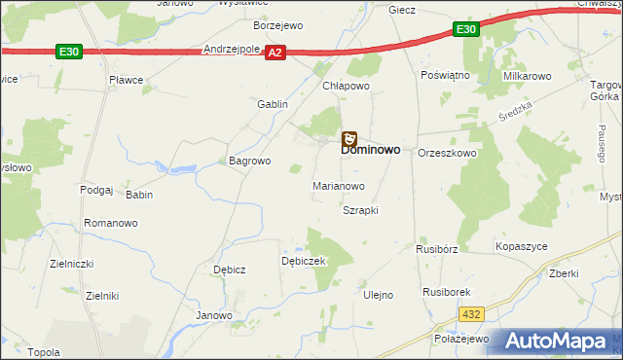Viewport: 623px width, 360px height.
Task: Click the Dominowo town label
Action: tap(372, 153)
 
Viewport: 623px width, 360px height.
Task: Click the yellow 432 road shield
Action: tap(472, 314)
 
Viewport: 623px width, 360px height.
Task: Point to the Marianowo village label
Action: tap(338, 185)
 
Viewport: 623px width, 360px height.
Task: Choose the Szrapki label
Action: tap(360, 210)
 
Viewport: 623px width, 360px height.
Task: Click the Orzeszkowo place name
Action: tap(447, 154)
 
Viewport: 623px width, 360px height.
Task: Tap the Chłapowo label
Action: tap(347, 86)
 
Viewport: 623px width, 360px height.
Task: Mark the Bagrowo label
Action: tap(248, 161)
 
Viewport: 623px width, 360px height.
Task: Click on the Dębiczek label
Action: tap(303, 262)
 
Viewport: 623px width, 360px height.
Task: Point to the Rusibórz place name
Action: tap(437, 248)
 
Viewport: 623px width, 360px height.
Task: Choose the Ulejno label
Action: tap(378, 295)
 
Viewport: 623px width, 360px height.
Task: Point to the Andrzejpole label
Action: tap(231, 48)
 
